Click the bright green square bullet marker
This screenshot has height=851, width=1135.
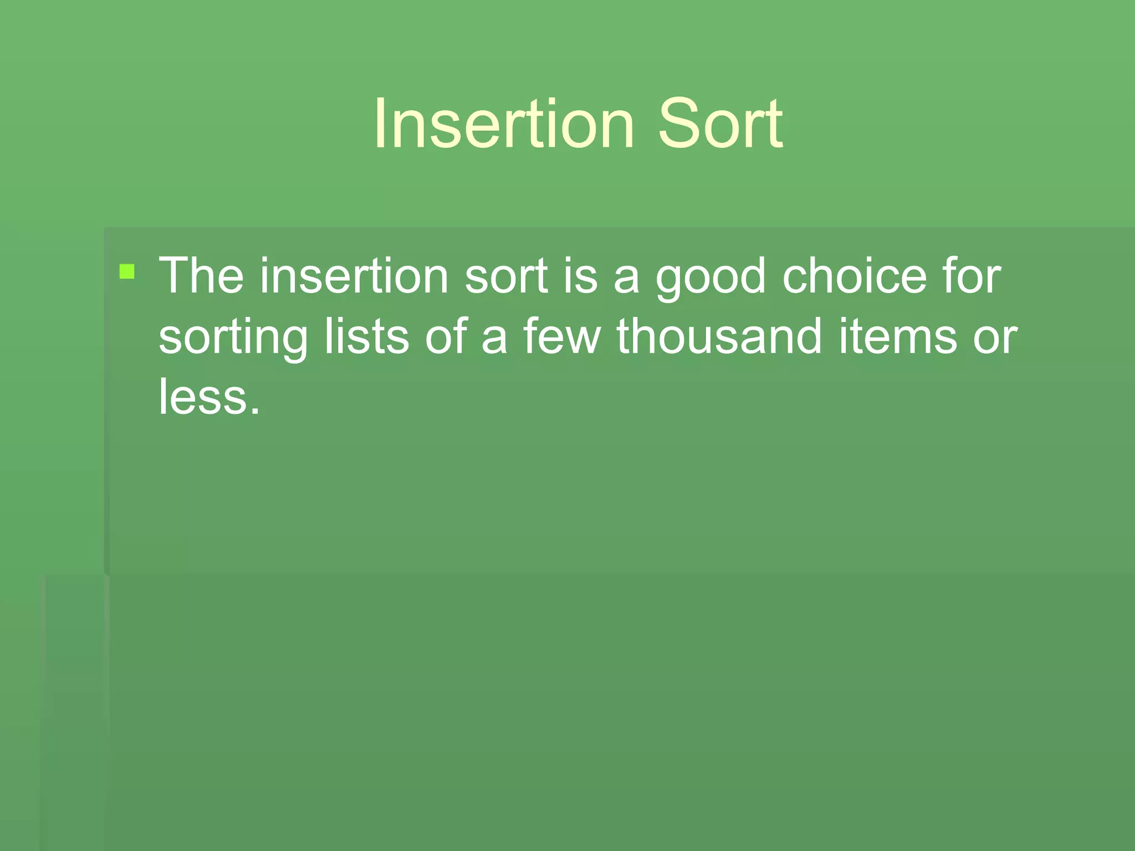coord(127,271)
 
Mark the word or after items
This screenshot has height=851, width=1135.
coord(995,338)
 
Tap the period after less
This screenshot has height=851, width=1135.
coord(254,410)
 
